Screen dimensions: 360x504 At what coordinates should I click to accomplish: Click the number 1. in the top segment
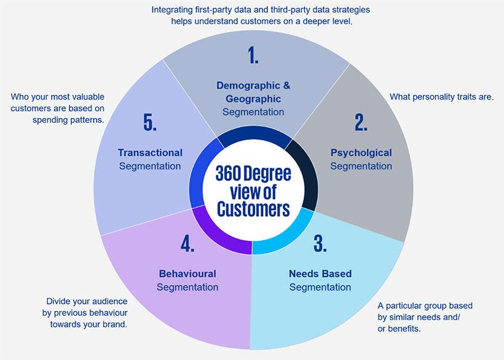click(x=253, y=55)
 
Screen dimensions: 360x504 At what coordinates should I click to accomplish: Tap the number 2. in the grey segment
click(x=361, y=122)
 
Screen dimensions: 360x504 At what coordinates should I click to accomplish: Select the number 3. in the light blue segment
click(x=320, y=243)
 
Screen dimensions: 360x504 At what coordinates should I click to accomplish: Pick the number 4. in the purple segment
click(x=187, y=243)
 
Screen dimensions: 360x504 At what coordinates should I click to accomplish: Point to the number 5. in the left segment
click(x=150, y=122)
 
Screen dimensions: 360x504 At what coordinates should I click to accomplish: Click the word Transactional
click(x=150, y=152)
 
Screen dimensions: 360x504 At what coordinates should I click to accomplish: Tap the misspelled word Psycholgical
click(x=361, y=152)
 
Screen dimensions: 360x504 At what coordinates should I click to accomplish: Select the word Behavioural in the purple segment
click(x=187, y=273)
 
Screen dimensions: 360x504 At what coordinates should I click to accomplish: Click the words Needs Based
click(x=320, y=273)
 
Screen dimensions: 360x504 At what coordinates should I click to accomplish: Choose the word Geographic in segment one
click(x=253, y=99)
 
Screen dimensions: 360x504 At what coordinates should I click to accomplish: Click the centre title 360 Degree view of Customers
click(x=253, y=191)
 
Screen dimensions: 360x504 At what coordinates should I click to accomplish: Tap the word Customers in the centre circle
click(x=253, y=209)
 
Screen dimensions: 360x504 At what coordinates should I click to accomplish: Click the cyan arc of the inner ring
click(x=289, y=237)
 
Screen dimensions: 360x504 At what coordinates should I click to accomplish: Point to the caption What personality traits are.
click(x=442, y=97)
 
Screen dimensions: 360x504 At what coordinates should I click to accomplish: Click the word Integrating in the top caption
click(x=174, y=10)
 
